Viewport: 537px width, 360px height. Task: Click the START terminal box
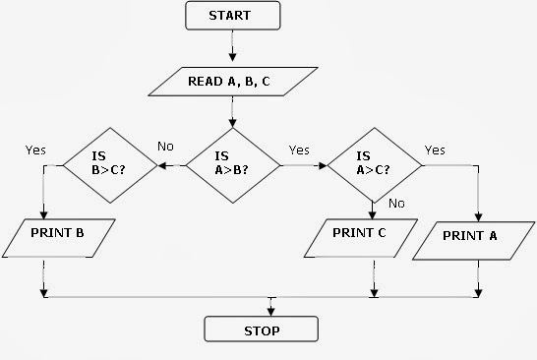click(232, 16)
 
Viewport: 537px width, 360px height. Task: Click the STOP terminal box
click(261, 330)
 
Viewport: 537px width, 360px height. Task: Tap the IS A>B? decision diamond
click(232, 164)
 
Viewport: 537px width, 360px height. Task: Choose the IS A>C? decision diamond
click(371, 164)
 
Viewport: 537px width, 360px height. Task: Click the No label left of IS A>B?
click(166, 146)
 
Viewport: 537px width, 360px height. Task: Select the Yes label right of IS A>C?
click(435, 150)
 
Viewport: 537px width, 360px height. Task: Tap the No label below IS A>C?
click(397, 204)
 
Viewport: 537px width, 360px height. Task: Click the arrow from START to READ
click(232, 45)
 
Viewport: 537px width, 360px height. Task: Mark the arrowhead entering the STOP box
click(271, 310)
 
